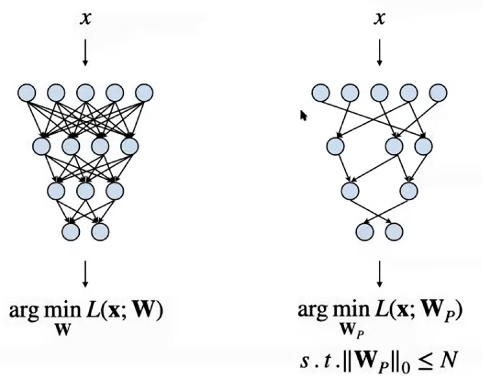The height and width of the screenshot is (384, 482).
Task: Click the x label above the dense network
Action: pos(85,18)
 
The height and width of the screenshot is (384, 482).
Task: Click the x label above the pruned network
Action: pos(380,18)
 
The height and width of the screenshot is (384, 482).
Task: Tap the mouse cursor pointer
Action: pos(303,116)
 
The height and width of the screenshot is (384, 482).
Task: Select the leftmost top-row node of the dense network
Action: pos(27,93)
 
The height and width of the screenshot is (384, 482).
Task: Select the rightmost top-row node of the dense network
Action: pos(144,93)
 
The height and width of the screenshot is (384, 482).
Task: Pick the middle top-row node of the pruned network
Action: pos(380,93)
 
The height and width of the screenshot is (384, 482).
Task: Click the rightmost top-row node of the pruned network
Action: pos(438,93)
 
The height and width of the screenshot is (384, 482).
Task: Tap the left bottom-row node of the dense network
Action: pos(71,231)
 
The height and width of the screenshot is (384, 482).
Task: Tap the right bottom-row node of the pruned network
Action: pos(394,231)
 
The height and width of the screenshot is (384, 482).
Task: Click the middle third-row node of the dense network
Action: pos(85,191)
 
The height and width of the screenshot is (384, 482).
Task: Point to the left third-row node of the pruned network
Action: pos(350,191)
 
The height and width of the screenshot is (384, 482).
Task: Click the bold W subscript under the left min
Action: pos(63,329)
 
